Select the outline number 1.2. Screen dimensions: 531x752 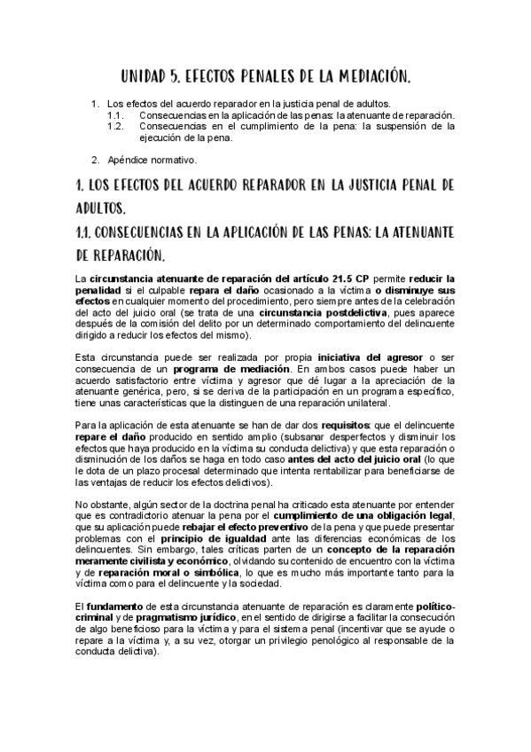[114, 127]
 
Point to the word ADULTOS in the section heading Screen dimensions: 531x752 [102, 208]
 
